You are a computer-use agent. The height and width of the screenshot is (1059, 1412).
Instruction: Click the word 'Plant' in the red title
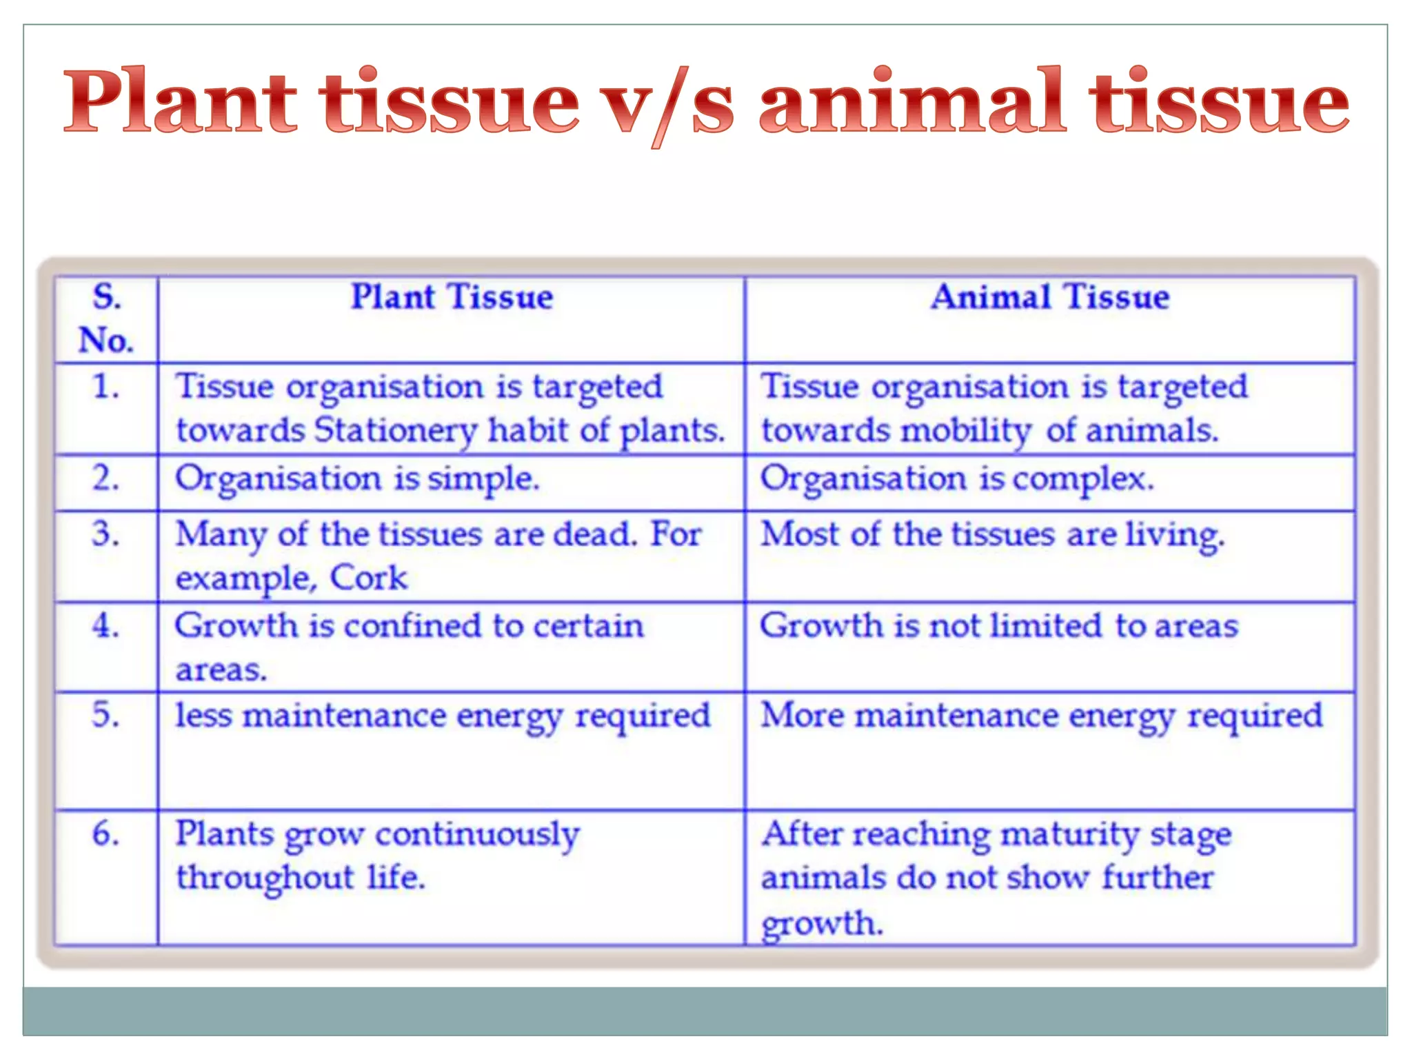(x=181, y=101)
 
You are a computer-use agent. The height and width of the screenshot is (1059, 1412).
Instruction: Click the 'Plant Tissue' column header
(x=452, y=297)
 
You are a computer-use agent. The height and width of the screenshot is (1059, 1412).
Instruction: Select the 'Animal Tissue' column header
(x=1049, y=297)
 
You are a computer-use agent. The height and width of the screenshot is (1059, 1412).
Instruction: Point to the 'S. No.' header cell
(x=106, y=319)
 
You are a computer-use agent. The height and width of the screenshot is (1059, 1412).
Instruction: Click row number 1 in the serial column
(x=106, y=386)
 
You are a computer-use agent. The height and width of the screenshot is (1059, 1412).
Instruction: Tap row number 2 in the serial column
(x=106, y=478)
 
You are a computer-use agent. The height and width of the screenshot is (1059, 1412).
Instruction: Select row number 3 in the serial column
(x=106, y=534)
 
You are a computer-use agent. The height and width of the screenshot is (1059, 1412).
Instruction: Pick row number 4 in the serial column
(x=106, y=625)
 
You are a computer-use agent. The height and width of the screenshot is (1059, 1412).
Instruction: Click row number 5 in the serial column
(x=106, y=714)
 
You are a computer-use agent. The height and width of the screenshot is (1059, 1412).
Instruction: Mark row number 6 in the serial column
(x=106, y=833)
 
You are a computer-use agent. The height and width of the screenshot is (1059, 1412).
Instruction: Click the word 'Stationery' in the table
(x=396, y=431)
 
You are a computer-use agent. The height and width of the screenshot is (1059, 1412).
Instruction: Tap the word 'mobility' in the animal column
(x=965, y=431)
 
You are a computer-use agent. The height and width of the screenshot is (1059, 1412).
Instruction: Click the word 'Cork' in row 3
(x=369, y=578)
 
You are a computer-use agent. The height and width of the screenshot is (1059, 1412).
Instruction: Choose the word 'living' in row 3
(x=1175, y=535)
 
